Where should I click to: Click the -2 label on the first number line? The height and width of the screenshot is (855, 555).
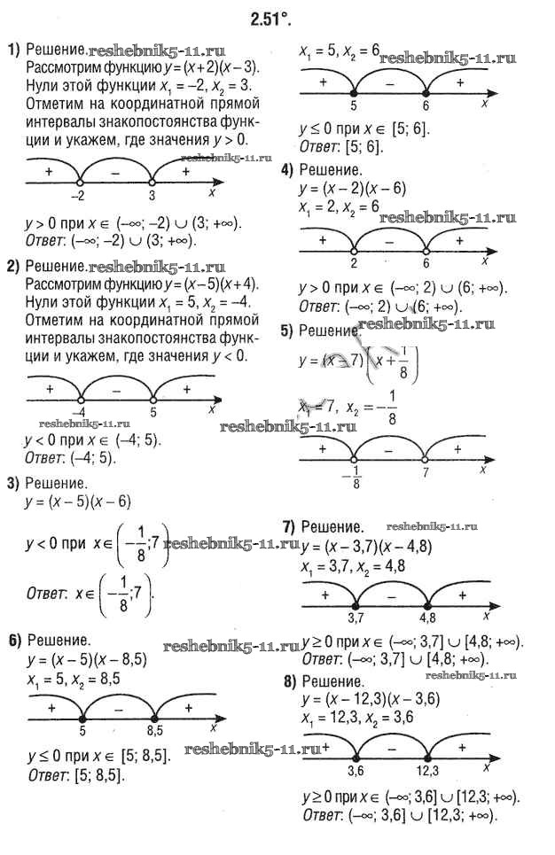[x=78, y=196]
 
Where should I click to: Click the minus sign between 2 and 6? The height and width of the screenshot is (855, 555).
[x=390, y=240]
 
